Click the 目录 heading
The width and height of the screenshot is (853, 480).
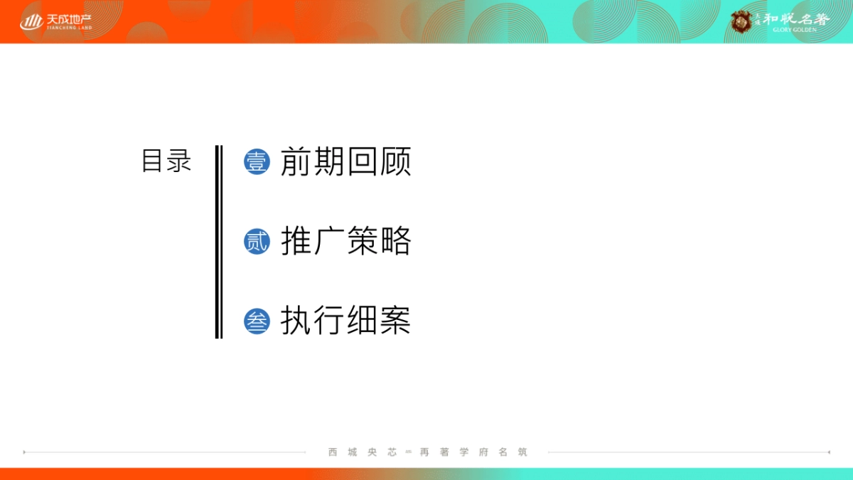pyautogui.click(x=166, y=161)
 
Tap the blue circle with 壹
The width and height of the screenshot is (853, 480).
pyautogui.click(x=257, y=162)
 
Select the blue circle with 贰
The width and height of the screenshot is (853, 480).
pyautogui.click(x=257, y=242)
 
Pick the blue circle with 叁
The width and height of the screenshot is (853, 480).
pyautogui.click(x=257, y=321)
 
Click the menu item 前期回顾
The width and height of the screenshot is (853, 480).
pyautogui.click(x=345, y=162)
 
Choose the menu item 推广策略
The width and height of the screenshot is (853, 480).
pyautogui.click(x=345, y=242)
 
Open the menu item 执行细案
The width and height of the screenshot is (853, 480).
pyautogui.click(x=345, y=321)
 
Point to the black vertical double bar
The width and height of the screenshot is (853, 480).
pyautogui.click(x=219, y=242)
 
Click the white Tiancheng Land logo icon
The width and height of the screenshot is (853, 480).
pyautogui.click(x=31, y=22)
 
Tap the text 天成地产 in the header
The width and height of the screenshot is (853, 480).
pyautogui.click(x=69, y=19)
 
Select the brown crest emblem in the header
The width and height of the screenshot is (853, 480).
pyautogui.click(x=742, y=21)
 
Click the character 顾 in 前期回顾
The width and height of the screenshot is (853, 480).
pyautogui.click(x=396, y=162)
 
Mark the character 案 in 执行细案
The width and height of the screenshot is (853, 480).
pyautogui.click(x=396, y=321)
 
